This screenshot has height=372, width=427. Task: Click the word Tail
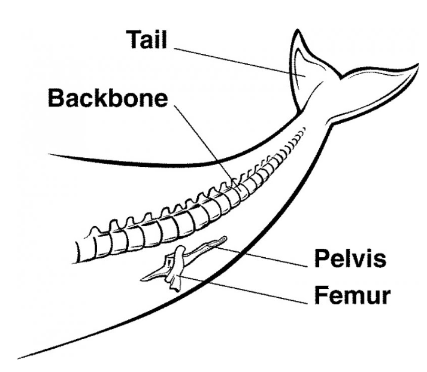click(x=146, y=39)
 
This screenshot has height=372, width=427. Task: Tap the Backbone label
click(x=108, y=98)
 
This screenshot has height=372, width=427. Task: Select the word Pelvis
click(x=350, y=258)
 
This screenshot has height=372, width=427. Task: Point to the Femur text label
click(x=352, y=295)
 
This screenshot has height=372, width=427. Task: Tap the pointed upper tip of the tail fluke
click(x=297, y=30)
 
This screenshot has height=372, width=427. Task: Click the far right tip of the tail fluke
click(x=418, y=64)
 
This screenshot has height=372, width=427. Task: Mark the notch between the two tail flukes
click(x=340, y=77)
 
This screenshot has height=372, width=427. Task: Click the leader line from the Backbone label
click(x=206, y=146)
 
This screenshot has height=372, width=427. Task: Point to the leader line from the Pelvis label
click(x=262, y=258)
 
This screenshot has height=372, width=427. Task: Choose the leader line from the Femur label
click(x=243, y=290)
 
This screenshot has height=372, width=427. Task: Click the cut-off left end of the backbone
click(x=77, y=252)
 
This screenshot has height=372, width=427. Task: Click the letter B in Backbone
click(x=56, y=98)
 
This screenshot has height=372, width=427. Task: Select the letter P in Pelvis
click(x=322, y=258)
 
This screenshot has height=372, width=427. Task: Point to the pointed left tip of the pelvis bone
click(x=141, y=279)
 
